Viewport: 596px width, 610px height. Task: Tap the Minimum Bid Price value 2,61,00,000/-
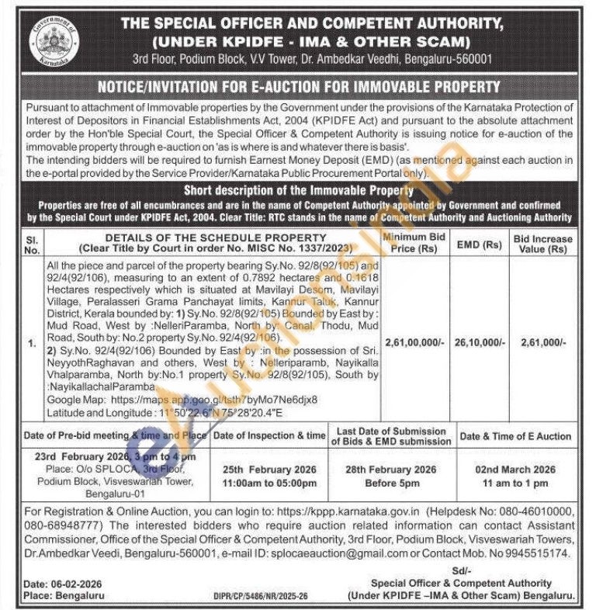(x=415, y=341)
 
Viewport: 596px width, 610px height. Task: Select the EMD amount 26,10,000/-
(x=480, y=341)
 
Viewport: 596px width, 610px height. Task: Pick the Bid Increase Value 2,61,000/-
(x=543, y=341)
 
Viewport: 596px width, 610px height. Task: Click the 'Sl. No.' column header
(x=32, y=244)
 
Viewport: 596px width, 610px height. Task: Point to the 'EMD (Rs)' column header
(x=480, y=244)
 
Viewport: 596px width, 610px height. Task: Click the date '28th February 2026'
(x=391, y=470)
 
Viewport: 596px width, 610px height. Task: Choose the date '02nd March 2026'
(x=515, y=470)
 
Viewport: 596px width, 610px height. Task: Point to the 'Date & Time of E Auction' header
(x=515, y=436)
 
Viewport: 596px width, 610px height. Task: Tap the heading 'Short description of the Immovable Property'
(x=299, y=190)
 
